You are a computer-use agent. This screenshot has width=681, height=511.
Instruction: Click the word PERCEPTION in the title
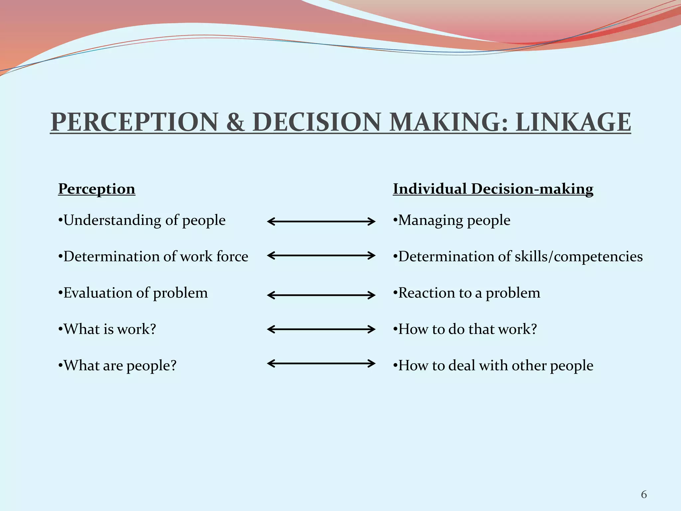point(134,122)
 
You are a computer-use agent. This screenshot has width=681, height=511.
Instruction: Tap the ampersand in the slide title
point(235,122)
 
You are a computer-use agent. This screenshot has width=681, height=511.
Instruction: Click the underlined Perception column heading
point(96,189)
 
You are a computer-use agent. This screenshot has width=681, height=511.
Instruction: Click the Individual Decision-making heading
point(493,189)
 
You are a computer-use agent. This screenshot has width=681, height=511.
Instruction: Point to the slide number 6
point(644,495)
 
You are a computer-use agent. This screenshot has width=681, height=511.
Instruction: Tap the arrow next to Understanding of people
point(321,222)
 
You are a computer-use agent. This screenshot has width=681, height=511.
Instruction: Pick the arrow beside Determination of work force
point(321,255)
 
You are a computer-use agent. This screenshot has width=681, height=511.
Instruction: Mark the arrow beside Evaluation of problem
point(321,295)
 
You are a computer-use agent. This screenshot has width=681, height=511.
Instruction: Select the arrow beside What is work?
point(321,329)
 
